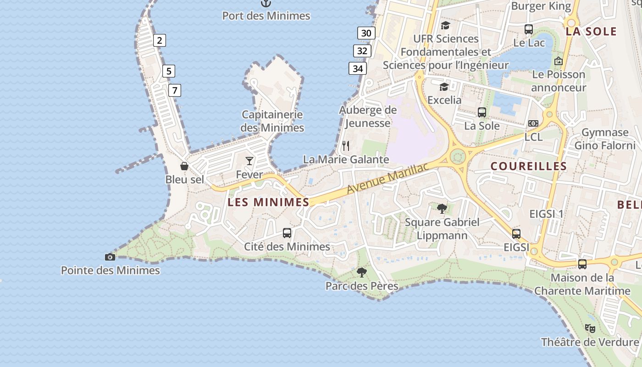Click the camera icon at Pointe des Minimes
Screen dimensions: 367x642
coord(110,257)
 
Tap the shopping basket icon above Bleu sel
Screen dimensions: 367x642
coord(184,166)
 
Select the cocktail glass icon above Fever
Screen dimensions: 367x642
coord(249,161)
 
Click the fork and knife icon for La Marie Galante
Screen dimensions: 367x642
coord(346,146)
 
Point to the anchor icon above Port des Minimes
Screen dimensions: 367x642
coord(266,3)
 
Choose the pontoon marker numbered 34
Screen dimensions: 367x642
coord(358,69)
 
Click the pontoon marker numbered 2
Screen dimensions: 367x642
coord(159,40)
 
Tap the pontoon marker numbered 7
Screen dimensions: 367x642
coord(174,90)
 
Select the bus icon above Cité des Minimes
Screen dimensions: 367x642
coord(287,233)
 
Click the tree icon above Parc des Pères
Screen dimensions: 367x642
coord(362,272)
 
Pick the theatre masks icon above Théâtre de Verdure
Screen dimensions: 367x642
coord(590,328)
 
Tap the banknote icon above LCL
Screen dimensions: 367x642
coord(533,123)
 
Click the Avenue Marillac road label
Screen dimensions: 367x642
coord(388,178)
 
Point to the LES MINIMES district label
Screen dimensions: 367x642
coord(269,202)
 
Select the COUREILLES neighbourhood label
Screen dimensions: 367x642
coord(529,166)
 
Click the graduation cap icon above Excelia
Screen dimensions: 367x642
coord(444,87)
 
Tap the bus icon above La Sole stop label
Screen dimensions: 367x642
coord(482,112)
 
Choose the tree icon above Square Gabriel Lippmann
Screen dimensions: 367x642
coord(442,209)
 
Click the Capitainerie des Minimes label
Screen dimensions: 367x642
coord(272,121)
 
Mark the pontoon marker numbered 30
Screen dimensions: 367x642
coord(366,33)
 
